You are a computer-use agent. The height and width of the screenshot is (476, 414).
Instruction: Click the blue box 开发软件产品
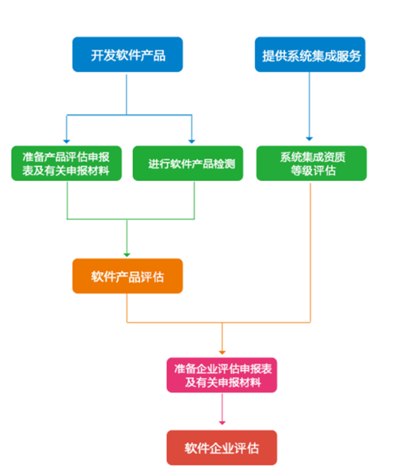point(127,55)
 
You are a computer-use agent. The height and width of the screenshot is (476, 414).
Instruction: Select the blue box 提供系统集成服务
point(310,55)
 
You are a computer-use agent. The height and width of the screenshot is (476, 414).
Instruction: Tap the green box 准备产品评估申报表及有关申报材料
point(66,163)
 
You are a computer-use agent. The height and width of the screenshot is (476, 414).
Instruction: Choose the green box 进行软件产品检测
point(188,163)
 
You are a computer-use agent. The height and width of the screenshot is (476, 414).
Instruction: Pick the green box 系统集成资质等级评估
point(311,163)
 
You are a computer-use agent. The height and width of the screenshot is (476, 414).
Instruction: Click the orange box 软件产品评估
point(127,276)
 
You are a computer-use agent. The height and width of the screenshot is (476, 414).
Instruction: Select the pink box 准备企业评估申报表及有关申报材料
point(222,376)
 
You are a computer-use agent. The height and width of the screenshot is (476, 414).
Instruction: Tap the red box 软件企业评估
point(222,448)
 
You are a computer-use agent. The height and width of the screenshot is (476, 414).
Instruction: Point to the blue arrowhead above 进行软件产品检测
point(192,141)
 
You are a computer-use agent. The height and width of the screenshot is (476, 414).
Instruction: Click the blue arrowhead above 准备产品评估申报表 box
point(67,141)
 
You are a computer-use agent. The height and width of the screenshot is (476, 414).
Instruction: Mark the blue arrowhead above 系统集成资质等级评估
point(309,139)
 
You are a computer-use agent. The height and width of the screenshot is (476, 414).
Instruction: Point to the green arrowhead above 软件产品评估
point(127,255)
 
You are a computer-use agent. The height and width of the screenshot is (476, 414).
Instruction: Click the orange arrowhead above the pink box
point(222,352)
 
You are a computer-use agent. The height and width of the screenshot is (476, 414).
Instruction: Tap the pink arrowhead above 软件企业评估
point(222,423)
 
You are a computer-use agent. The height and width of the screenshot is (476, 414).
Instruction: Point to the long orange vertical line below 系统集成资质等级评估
point(310,253)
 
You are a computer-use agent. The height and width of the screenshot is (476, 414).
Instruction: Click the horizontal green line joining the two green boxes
point(131,219)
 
